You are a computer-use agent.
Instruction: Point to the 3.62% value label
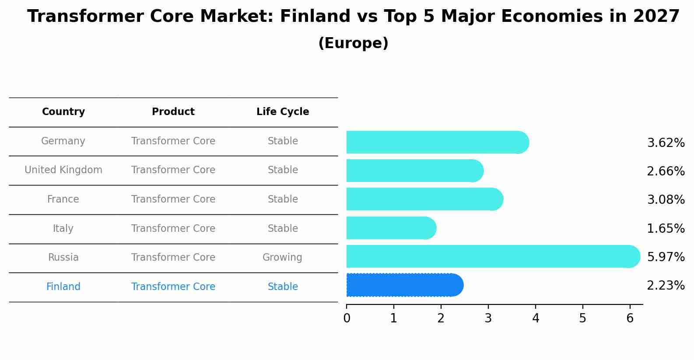click(666, 143)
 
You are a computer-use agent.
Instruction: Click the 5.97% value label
click(666, 257)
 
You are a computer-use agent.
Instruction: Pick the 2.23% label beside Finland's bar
click(666, 286)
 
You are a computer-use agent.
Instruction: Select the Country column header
click(63, 112)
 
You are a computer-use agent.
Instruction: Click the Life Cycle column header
click(283, 112)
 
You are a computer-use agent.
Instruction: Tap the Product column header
click(173, 112)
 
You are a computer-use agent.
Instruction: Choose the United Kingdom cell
click(63, 170)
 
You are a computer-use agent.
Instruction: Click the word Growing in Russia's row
click(282, 258)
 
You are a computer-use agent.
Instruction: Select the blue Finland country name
click(63, 287)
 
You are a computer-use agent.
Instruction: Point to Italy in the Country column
click(63, 228)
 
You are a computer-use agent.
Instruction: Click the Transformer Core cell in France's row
click(173, 199)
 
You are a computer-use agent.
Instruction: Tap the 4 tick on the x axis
click(536, 318)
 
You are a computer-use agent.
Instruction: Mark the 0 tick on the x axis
click(347, 318)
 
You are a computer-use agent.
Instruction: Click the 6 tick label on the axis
click(630, 318)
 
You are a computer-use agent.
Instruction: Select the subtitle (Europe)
click(353, 43)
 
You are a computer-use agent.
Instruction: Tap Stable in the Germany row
click(283, 141)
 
